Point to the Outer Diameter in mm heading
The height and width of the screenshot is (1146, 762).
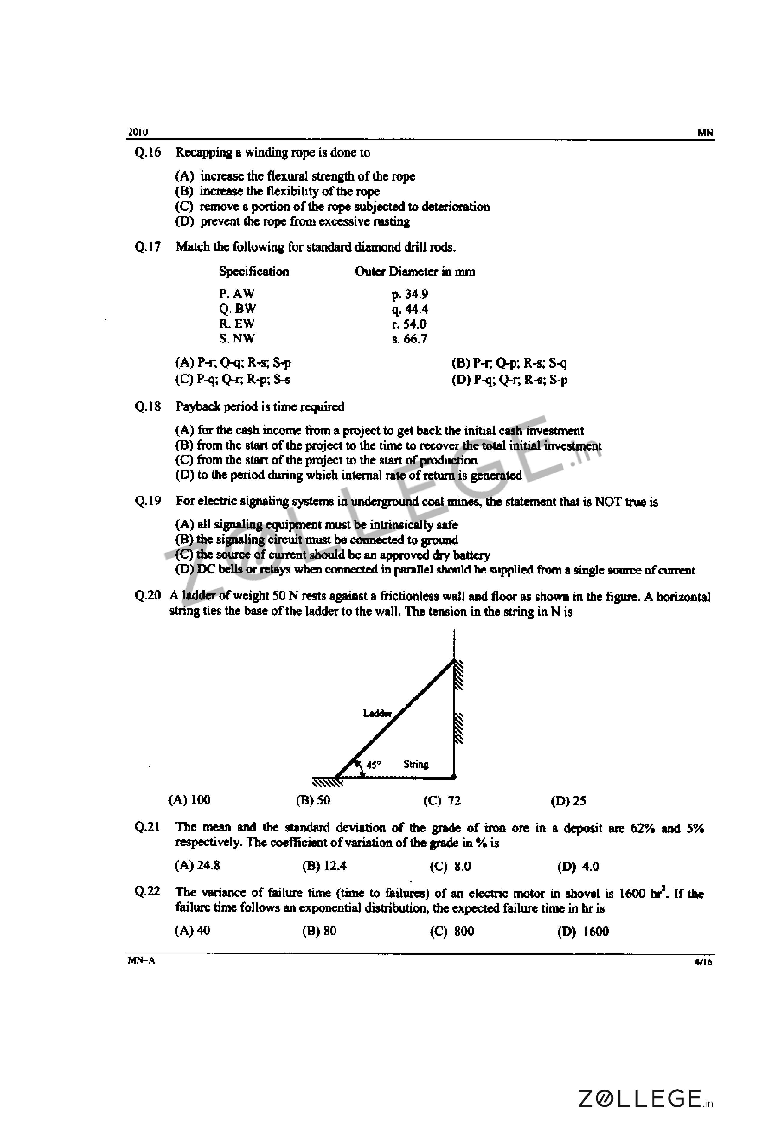click(414, 271)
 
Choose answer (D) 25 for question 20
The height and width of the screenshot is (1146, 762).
click(568, 801)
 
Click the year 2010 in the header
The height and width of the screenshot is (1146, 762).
click(138, 132)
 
